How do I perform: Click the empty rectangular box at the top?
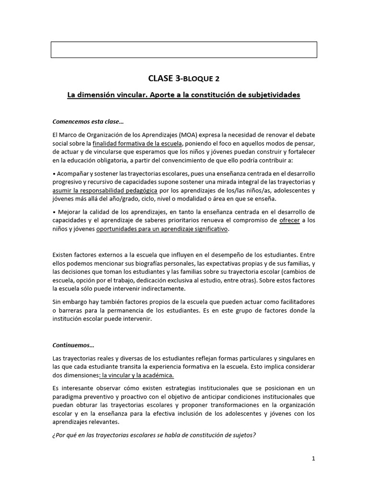[184, 49]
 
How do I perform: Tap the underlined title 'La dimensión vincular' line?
[184, 95]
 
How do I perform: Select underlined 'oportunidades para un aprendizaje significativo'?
[162, 229]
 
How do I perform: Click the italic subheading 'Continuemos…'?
[73, 345]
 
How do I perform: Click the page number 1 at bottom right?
[313, 458]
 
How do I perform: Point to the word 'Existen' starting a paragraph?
[63, 255]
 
